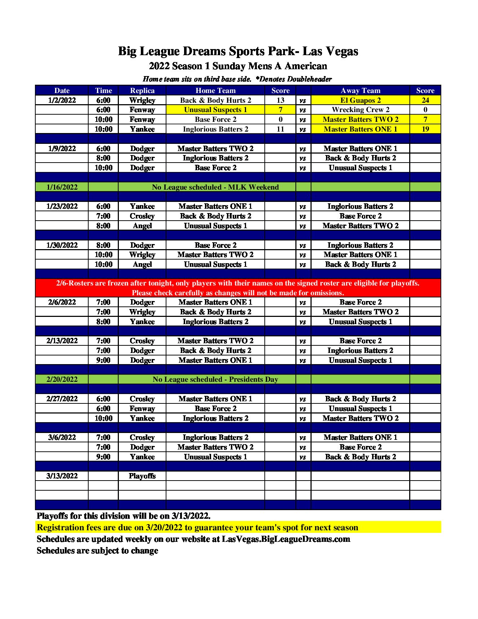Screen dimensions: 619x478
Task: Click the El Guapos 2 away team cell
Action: tap(360, 100)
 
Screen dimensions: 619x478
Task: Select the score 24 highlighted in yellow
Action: tap(425, 100)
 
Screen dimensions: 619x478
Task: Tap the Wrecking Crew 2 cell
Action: tap(360, 110)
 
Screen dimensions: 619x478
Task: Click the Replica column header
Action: tap(142, 90)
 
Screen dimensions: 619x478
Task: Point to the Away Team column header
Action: tap(360, 90)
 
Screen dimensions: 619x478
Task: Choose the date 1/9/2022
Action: tap(62, 149)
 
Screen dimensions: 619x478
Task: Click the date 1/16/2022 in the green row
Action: tap(62, 187)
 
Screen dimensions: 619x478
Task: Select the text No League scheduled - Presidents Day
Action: tap(215, 379)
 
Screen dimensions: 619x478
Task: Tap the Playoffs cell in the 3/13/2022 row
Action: tap(142, 476)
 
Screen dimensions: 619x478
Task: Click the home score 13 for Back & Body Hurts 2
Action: tap(280, 100)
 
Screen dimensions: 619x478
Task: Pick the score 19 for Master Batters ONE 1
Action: tap(425, 129)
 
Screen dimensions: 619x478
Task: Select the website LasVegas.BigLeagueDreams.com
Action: tap(286, 539)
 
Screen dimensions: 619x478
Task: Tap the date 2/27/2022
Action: tap(62, 399)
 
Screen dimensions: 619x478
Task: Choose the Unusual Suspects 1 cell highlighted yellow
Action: tap(215, 110)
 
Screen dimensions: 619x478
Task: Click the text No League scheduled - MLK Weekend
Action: tap(215, 187)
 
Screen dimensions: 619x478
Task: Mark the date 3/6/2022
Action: tap(62, 437)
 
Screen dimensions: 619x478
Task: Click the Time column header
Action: tap(103, 90)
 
